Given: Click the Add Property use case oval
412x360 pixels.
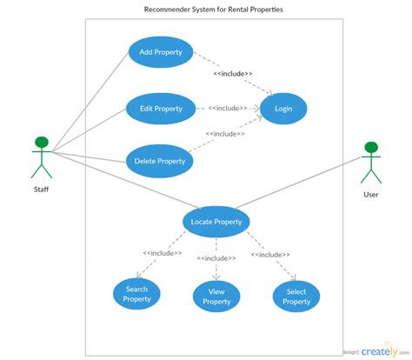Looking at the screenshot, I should click(x=161, y=52).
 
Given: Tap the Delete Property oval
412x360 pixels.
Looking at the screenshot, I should click(x=159, y=161).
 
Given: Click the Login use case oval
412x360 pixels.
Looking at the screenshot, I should click(x=283, y=109).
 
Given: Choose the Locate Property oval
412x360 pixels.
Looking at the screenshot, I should click(x=216, y=222).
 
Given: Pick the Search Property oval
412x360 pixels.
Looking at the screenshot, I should click(x=136, y=294).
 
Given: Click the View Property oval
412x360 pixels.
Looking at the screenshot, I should click(x=216, y=296).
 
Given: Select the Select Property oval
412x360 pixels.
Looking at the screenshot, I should click(x=296, y=296).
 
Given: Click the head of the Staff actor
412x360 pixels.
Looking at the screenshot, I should click(x=40, y=143).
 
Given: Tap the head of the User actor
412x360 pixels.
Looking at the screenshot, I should click(x=371, y=148).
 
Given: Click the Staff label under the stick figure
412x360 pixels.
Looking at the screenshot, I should click(x=41, y=188).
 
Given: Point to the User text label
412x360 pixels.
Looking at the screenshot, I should click(x=371, y=194).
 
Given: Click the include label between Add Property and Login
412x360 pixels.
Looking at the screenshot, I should click(x=233, y=74).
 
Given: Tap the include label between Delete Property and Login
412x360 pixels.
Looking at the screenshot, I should click(x=225, y=134).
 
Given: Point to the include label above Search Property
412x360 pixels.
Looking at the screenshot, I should click(x=163, y=253).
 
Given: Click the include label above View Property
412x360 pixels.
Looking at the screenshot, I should click(x=216, y=258).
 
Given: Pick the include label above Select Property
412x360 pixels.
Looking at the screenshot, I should click(x=270, y=254).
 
